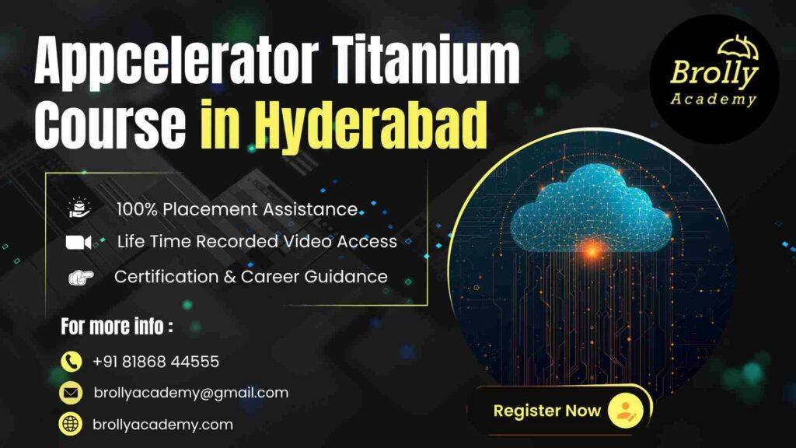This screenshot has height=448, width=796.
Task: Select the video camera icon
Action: (x=79, y=243)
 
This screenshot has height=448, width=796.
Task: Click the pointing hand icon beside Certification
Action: (x=79, y=277)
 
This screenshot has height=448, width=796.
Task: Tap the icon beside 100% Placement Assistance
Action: (x=79, y=208)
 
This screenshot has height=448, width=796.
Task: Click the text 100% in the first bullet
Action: (x=134, y=209)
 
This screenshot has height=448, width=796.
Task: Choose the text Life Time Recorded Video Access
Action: (x=257, y=242)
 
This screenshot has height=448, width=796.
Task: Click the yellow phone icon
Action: (x=72, y=362)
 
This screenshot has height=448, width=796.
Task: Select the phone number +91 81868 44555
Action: (x=155, y=362)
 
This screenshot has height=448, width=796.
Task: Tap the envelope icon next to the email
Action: (x=72, y=393)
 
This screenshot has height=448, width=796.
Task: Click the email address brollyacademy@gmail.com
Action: (x=190, y=393)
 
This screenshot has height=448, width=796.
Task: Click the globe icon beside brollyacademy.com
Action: (x=72, y=424)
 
